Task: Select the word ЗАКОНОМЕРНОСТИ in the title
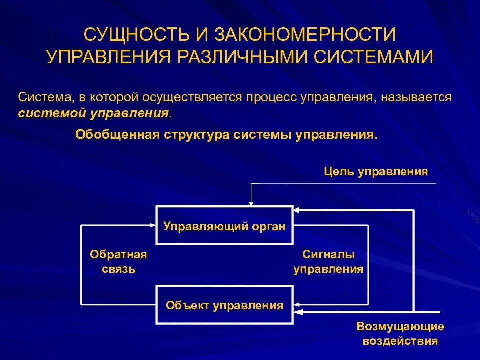tap(305, 35)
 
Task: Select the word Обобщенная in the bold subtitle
tap(116, 135)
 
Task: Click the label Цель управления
tap(376, 172)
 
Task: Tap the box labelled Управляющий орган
tap(224, 226)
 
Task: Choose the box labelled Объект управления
tap(224, 305)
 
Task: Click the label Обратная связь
tap(118, 262)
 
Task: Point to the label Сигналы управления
tap(328, 262)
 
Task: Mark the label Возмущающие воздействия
tap(400, 334)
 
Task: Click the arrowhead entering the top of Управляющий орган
tap(251, 203)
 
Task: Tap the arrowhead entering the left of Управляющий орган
tap(153, 226)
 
